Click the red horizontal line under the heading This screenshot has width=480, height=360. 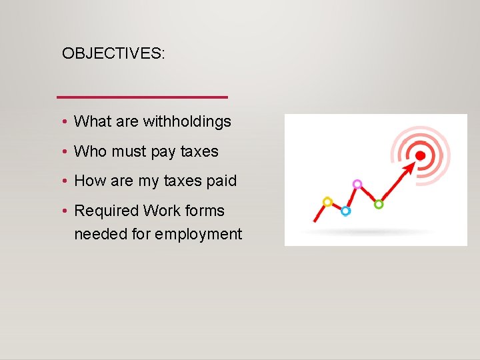click(x=142, y=97)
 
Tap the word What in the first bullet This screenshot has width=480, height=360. click(x=93, y=121)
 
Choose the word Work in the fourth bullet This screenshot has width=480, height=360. click(x=162, y=211)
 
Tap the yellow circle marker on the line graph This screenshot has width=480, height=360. click(x=327, y=201)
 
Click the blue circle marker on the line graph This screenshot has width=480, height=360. click(x=345, y=211)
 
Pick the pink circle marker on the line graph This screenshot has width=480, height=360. click(x=357, y=183)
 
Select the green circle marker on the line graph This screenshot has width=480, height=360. click(x=379, y=204)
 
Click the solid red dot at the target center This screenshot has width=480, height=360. click(x=420, y=155)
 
